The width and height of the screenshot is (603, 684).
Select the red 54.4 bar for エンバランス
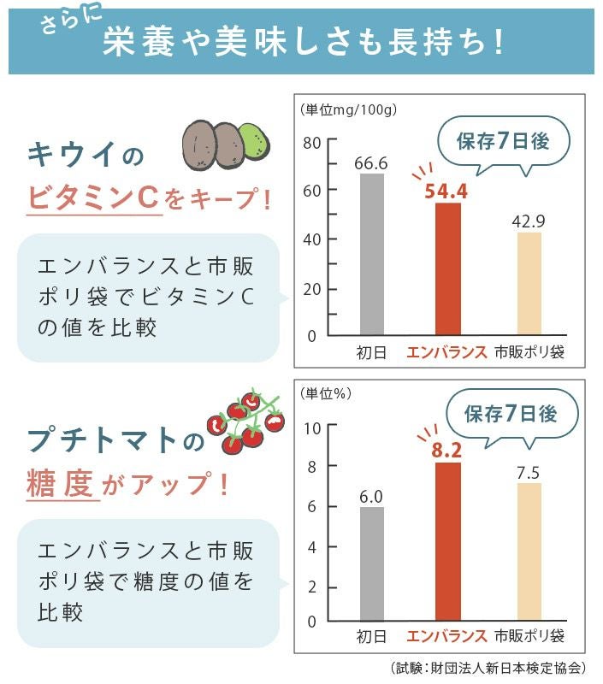[447, 268]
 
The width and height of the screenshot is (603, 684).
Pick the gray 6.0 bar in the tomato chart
[371, 563]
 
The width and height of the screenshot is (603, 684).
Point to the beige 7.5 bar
[529, 551]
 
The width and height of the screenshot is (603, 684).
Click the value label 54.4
[446, 190]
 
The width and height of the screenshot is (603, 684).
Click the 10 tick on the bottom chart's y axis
[311, 427]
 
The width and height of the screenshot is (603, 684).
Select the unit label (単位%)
[327, 394]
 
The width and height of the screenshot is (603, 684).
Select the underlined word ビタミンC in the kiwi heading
[93, 198]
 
